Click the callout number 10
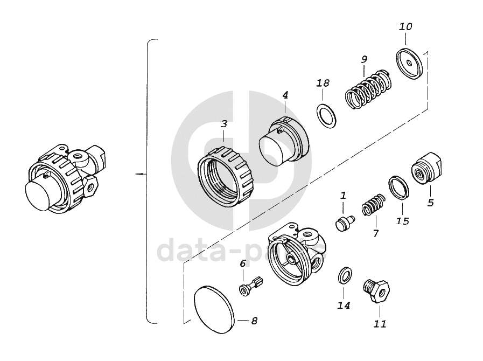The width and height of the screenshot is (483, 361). coord(405,26)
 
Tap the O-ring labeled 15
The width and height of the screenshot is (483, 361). coord(398,187)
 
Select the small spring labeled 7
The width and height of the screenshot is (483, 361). coord(372,205)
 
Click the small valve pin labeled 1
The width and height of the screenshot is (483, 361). coord(343,222)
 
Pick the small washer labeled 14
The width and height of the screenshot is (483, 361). coord(344,275)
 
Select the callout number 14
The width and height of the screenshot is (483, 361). coord(344,306)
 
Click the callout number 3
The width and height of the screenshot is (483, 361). coord(224,123)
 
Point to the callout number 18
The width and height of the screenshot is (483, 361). coord(323,83)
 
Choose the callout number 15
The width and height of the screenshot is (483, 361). coord(402,221)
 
